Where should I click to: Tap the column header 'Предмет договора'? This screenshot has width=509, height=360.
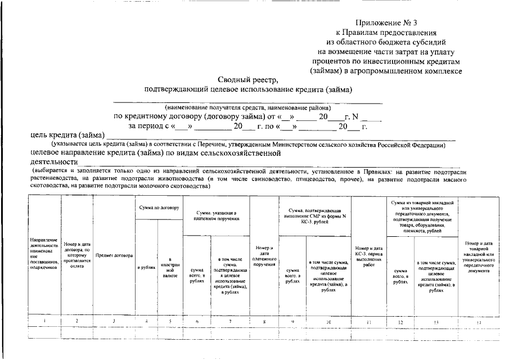pyautogui.click(x=114, y=255)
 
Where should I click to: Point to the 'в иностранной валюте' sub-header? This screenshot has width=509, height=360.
pyautogui.click(x=169, y=267)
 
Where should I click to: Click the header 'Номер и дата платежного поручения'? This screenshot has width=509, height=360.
pyautogui.click(x=264, y=256)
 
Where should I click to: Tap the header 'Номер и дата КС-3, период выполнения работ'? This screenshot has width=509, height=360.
pyautogui.click(x=368, y=255)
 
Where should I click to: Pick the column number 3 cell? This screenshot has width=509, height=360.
pyautogui.click(x=114, y=321)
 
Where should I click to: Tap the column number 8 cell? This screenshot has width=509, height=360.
pyautogui.click(x=264, y=321)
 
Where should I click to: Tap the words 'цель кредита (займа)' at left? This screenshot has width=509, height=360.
pyautogui.click(x=67, y=136)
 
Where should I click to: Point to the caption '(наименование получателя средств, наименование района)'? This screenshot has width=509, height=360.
pyautogui.click(x=247, y=107)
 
